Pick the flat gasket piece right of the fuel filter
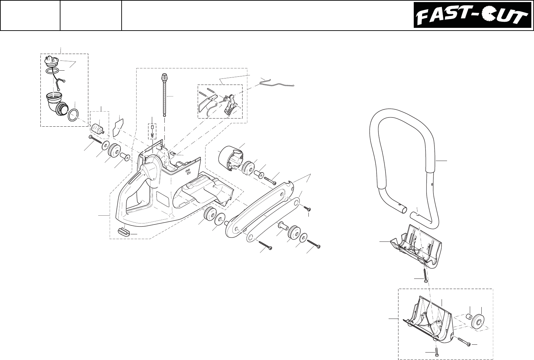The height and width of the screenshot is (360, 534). (x=118, y=126)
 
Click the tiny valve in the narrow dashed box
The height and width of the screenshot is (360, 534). (x=152, y=131)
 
